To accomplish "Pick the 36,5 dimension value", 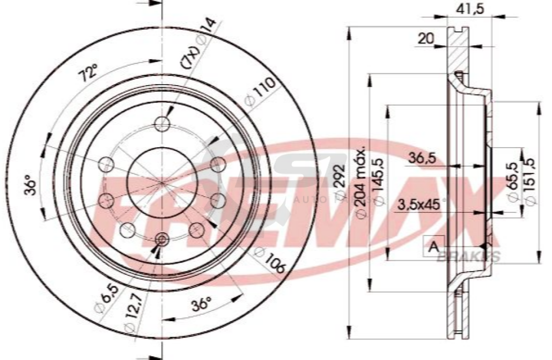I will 422,158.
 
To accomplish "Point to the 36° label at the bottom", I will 200,305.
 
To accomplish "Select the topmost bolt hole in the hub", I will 162,123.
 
